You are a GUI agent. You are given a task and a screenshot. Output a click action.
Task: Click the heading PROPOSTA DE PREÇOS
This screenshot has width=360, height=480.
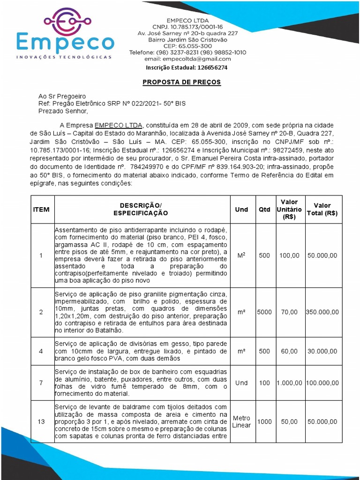click(181, 82)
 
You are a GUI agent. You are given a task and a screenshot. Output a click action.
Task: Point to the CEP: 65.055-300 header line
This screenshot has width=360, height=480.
click(187, 46)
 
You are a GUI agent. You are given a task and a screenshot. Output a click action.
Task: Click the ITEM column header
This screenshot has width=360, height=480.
click(41, 210)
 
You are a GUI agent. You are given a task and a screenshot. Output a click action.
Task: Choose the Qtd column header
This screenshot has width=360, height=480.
click(264, 210)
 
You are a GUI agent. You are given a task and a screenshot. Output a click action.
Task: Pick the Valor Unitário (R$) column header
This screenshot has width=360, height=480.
click(289, 210)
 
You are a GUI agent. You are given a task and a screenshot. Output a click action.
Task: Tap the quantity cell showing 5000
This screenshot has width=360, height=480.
click(264, 312)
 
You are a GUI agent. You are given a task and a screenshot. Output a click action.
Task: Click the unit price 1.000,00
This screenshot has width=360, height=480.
click(289, 383)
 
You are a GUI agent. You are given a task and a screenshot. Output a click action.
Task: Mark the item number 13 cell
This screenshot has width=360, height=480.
click(41, 422)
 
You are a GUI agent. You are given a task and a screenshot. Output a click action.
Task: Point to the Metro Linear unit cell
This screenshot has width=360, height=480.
click(241, 422)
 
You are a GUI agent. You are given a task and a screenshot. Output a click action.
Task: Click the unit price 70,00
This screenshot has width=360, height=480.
click(289, 312)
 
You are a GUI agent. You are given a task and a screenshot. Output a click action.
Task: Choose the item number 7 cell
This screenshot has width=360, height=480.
click(41, 383)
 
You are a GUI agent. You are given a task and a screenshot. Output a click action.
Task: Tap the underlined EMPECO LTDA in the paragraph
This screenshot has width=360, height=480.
click(119, 126)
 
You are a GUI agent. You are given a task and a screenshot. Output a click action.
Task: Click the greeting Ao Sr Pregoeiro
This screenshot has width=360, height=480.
click(62, 96)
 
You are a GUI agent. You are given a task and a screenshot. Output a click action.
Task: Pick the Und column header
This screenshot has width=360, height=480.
click(241, 210)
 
